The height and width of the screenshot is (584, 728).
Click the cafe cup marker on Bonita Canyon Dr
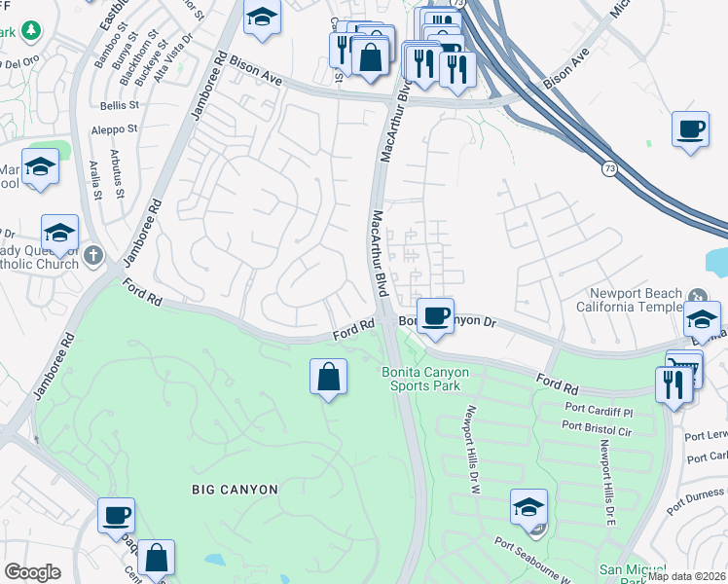436,315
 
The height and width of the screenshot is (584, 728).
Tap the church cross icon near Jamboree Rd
93,256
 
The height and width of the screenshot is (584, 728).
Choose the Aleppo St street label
113,128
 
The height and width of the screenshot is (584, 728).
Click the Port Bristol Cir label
596,425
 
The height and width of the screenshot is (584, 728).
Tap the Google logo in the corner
32,572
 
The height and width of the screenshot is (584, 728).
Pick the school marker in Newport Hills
528,508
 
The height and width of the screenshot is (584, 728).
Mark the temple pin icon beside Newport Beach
696,296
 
